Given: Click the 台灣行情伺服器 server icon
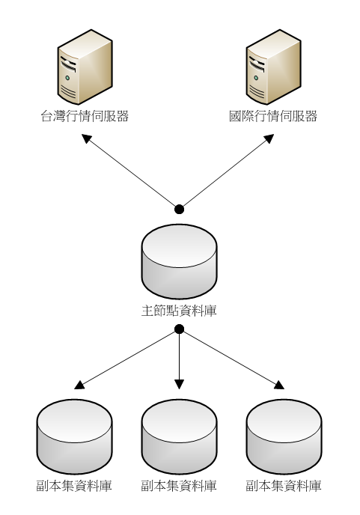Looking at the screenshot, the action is (x=85, y=67).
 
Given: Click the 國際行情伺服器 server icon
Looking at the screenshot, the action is (x=274, y=67).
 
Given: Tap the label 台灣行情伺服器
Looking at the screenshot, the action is (x=85, y=116).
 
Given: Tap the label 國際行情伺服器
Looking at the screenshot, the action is (x=273, y=116).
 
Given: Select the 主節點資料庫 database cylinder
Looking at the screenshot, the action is (x=179, y=261).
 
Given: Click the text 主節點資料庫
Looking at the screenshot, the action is (x=179, y=311).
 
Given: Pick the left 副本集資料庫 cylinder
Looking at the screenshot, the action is (x=75, y=436).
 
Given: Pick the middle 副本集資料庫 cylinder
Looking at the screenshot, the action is (x=179, y=436).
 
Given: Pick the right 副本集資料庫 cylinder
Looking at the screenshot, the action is (x=284, y=436).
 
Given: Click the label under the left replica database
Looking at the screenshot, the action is (x=74, y=486).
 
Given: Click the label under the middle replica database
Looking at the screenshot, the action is (x=179, y=486).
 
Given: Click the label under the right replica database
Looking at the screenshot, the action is (x=284, y=486).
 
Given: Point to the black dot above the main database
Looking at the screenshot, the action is (x=179, y=209).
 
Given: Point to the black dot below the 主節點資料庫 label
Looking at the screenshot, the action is (x=179, y=329).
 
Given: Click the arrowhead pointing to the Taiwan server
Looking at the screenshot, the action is (x=86, y=138).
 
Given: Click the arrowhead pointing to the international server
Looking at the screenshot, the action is (x=269, y=138).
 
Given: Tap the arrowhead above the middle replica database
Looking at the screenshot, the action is (x=179, y=384).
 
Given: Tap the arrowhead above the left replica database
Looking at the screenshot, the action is (x=80, y=385).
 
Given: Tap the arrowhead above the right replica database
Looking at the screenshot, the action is (x=279, y=385).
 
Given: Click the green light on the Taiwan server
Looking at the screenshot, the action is (x=67, y=78).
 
